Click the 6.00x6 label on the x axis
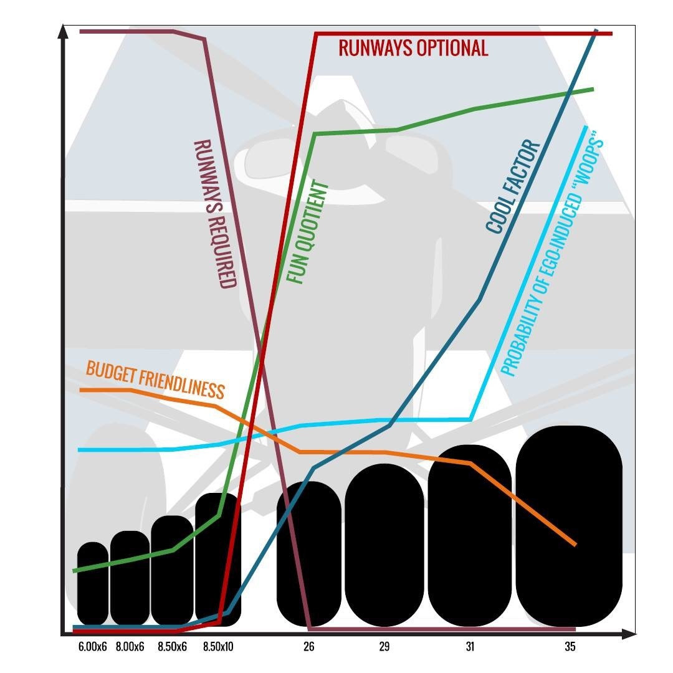(93, 646)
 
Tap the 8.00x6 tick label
(130, 646)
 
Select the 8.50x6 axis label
(172, 646)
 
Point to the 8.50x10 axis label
(218, 646)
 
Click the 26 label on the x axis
(308, 646)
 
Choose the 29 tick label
(384, 646)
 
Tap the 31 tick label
(470, 646)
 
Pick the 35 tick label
(570, 646)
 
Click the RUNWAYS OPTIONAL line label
(413, 47)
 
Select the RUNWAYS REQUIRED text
(215, 214)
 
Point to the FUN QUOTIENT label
(308, 232)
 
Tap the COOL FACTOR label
(513, 187)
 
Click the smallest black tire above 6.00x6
(93, 584)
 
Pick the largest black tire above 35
(569, 526)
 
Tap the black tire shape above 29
(384, 545)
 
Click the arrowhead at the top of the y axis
(63, 31)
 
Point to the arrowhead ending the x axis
(628, 634)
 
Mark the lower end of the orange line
(575, 545)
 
